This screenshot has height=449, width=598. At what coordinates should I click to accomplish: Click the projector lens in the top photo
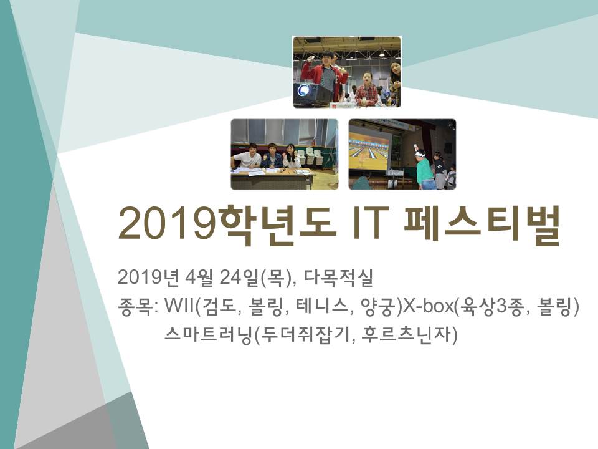coord(304,90)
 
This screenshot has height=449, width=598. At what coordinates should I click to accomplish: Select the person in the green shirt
coord(424,169)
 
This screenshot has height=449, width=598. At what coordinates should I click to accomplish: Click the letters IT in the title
coord(370,223)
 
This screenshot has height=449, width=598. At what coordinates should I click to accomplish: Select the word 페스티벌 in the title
coord(482,224)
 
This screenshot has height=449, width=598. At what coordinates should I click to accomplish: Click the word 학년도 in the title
coord(278,224)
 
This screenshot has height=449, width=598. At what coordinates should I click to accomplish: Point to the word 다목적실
coord(338,278)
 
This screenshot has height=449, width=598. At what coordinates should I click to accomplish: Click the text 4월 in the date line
coord(198,278)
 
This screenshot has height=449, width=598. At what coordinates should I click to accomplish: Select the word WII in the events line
coord(179,306)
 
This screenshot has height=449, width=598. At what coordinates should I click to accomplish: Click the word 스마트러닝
coord(208,335)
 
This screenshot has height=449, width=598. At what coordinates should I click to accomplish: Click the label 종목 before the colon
coord(135,307)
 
